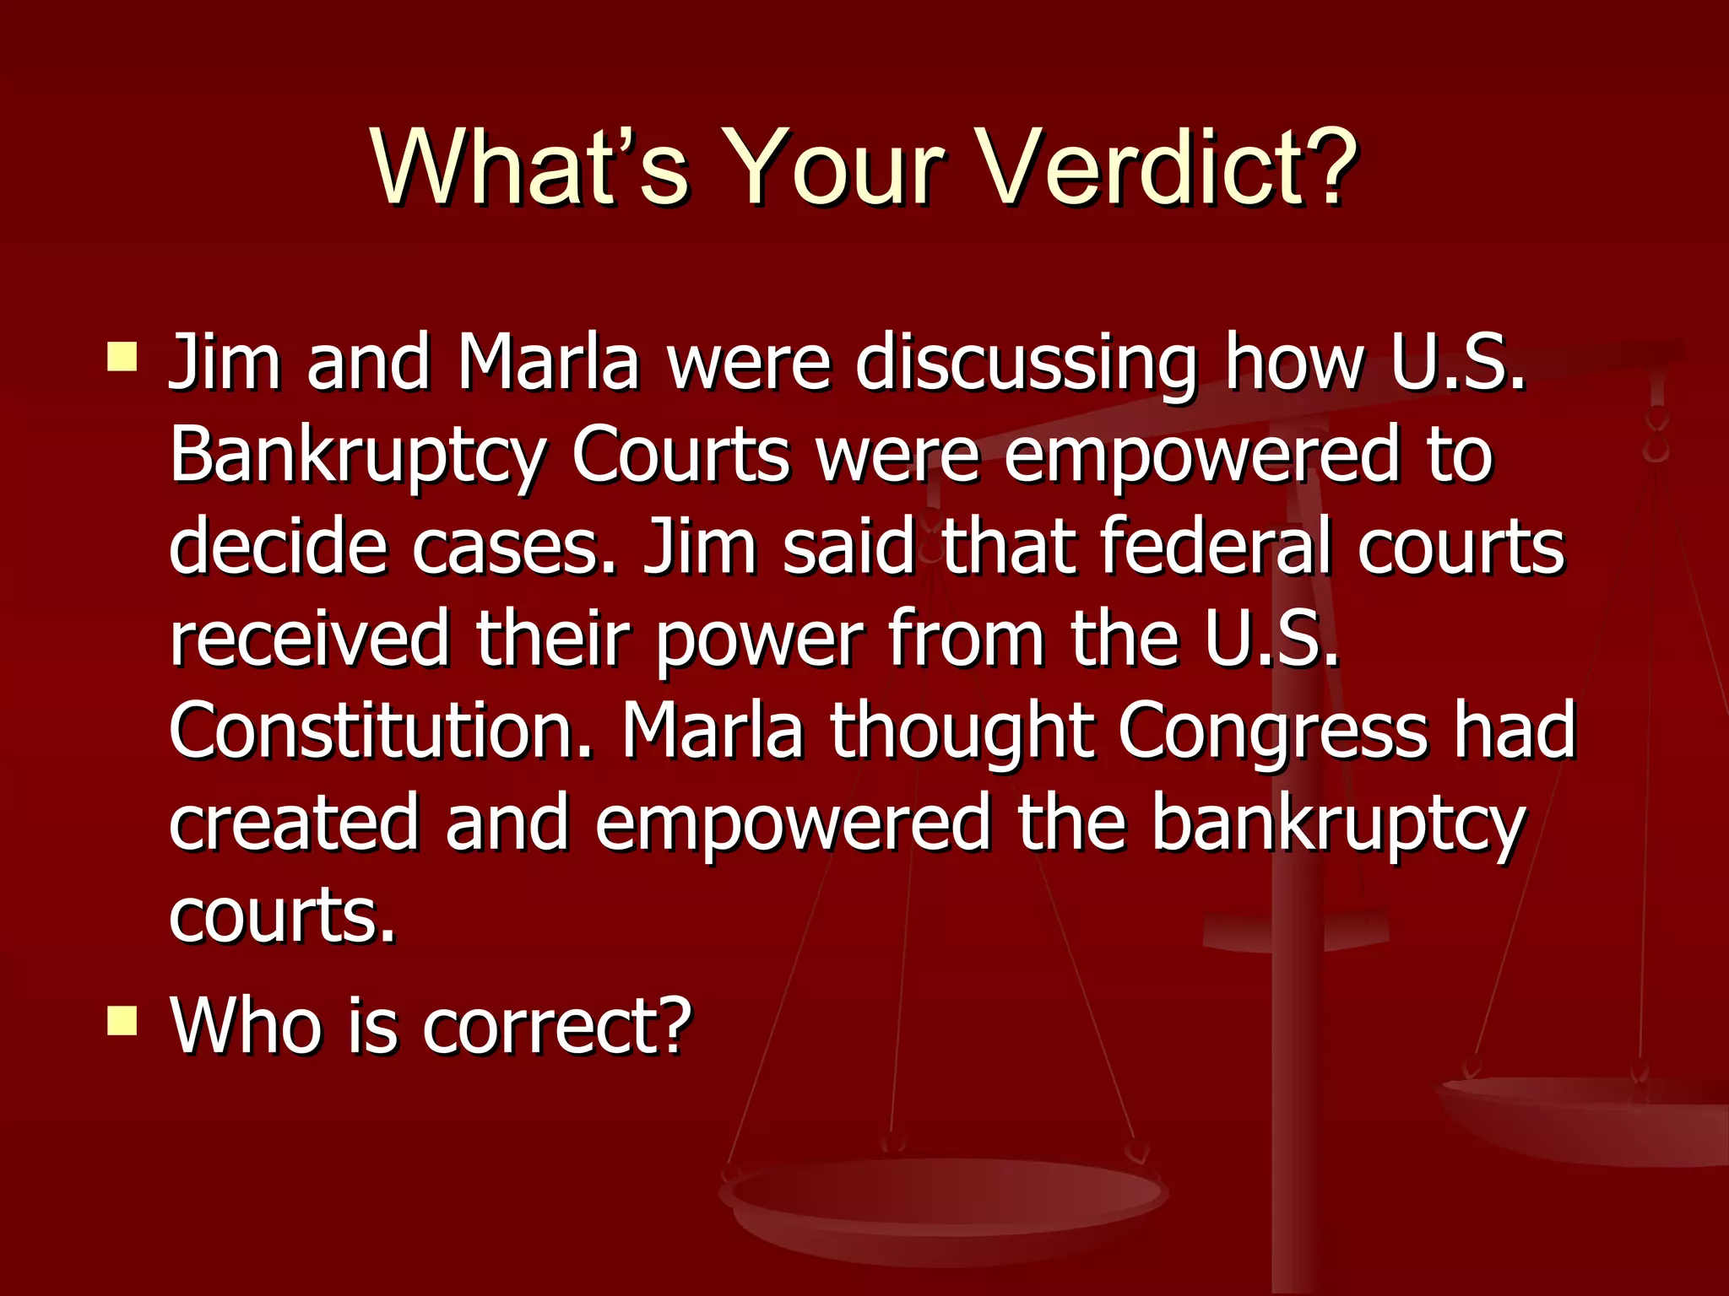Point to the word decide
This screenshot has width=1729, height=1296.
(x=278, y=546)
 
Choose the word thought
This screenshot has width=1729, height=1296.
(x=962, y=731)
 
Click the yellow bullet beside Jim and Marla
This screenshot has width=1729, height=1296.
(x=122, y=356)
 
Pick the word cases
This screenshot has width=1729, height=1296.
(x=515, y=548)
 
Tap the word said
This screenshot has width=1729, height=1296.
(x=848, y=546)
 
